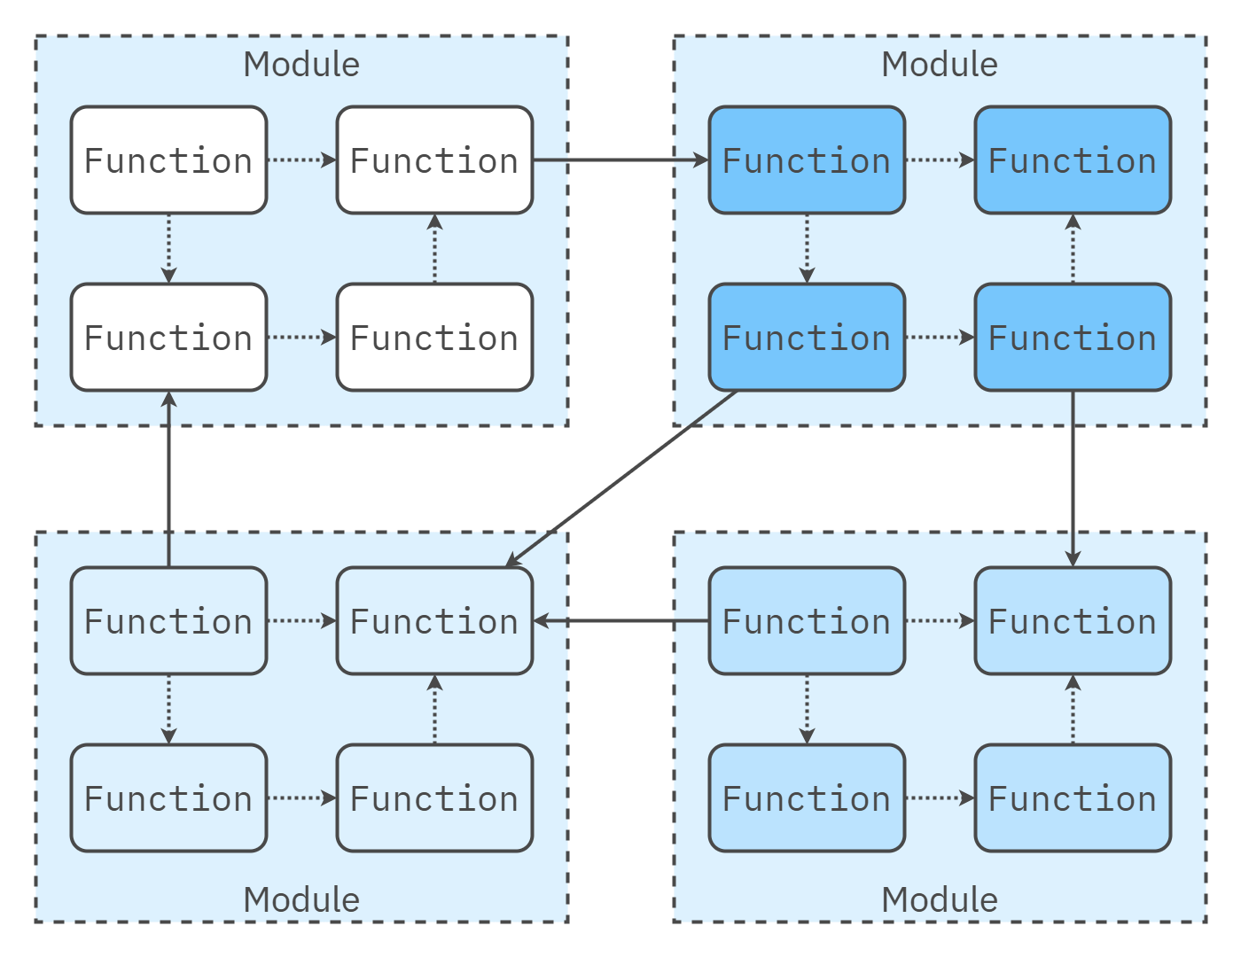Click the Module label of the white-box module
point(301,65)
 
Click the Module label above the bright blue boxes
point(940,65)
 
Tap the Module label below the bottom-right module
point(940,899)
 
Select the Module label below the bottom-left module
point(301,899)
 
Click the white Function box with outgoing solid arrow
point(434,160)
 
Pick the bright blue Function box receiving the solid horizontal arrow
point(807,160)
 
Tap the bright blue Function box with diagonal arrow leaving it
point(807,338)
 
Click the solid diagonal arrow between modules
point(620,478)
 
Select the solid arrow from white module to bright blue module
point(620,160)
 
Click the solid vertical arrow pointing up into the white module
point(168,478)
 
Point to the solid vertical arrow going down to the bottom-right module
point(1073,478)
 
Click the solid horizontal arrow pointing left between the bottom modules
point(620,621)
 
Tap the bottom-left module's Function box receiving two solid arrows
point(434,621)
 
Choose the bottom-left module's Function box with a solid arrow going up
point(168,621)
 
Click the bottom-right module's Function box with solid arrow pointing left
point(807,621)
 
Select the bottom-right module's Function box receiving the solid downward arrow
point(1073,621)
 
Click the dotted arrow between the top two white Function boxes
point(301,160)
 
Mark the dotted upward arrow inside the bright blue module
point(1073,249)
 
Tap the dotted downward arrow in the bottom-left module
point(168,709)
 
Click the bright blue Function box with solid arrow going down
point(1073,338)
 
